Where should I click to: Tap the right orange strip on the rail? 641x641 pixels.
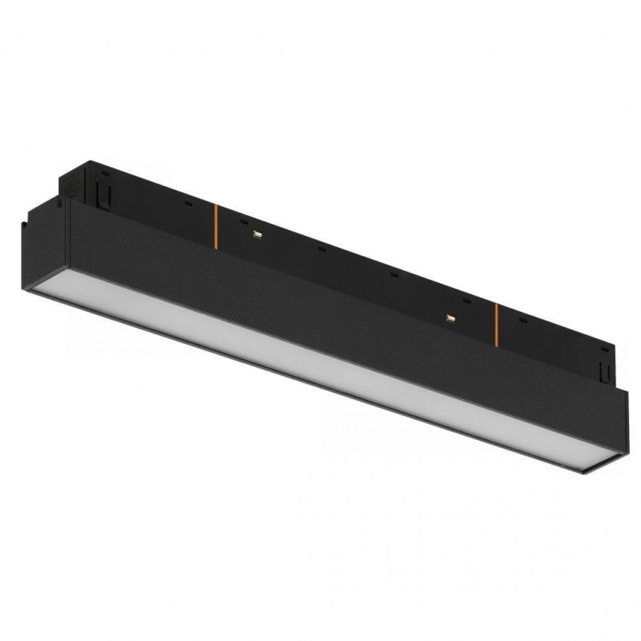[x=497, y=319]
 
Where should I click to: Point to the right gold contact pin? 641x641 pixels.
[x=449, y=317]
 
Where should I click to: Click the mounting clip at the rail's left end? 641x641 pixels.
[x=104, y=191]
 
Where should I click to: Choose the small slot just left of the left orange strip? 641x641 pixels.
[x=185, y=204]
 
